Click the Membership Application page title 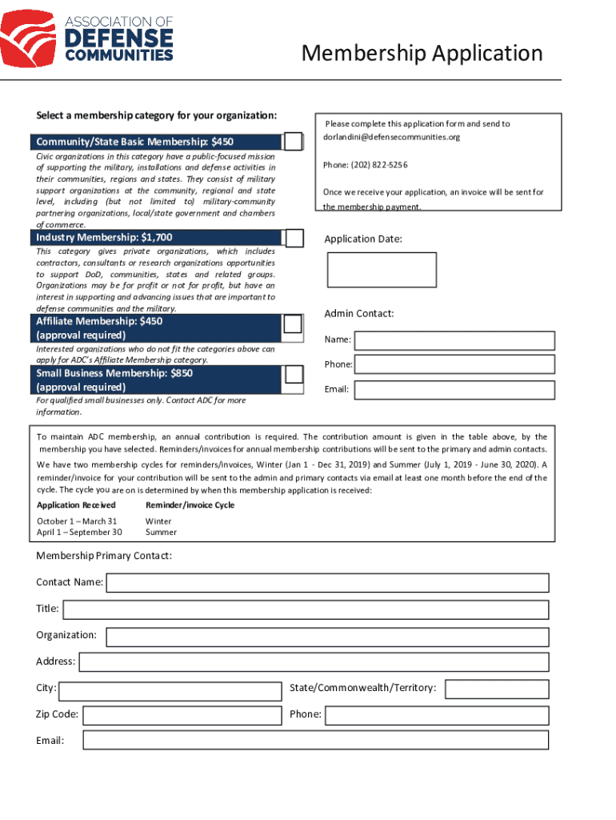click(422, 54)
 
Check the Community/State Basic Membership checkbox click(294, 142)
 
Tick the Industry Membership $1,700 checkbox click(294, 238)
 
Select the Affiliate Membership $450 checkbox click(293, 324)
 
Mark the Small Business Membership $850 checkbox click(294, 374)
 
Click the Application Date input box click(382, 270)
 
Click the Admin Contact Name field click(454, 340)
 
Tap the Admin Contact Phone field click(454, 364)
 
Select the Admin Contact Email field click(454, 390)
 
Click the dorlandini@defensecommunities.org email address click(392, 137)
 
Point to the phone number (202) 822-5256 click(365, 165)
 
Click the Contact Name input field click(328, 582)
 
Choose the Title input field click(306, 609)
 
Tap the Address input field click(314, 662)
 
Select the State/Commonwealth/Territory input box click(497, 689)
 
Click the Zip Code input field click(182, 715)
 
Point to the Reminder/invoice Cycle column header click(190, 505)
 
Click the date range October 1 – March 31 click(77, 521)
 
